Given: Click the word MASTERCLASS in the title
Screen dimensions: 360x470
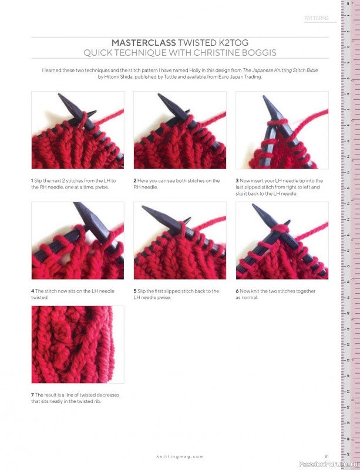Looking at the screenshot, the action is [143, 42].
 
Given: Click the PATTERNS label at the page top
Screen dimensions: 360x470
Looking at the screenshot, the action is [317, 18].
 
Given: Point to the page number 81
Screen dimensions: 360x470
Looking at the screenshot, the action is [327, 456].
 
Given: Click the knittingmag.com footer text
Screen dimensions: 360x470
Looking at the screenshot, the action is [180, 456].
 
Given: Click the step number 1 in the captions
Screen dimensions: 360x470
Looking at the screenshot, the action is [32, 181].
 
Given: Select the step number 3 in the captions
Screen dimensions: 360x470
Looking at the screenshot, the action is [237, 181].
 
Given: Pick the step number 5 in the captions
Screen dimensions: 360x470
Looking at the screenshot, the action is [135, 291].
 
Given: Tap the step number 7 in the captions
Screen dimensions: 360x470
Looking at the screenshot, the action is [32, 395].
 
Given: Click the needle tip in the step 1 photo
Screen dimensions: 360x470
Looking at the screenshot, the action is [59, 95].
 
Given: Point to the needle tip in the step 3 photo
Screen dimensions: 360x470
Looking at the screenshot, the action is [264, 97].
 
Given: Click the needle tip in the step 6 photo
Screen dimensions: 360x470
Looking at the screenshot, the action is [253, 205].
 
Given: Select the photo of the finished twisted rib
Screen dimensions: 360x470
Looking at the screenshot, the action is [78, 344].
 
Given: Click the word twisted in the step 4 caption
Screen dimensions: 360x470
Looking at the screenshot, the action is [39, 298].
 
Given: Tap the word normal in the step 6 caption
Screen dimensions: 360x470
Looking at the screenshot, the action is [250, 298].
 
